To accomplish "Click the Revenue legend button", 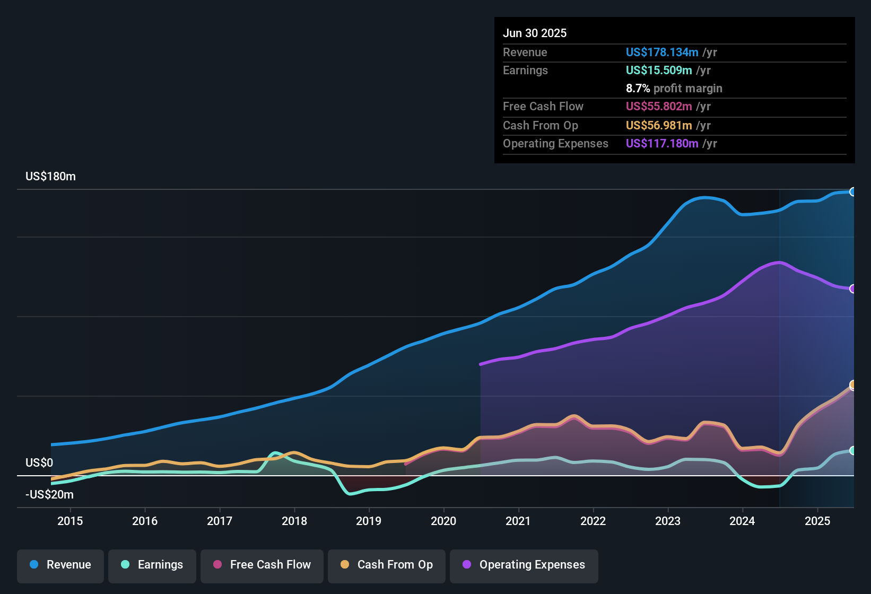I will [x=60, y=565].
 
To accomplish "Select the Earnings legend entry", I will [x=152, y=565].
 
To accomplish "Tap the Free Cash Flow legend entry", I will [x=262, y=565].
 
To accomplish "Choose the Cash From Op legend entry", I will [x=387, y=565].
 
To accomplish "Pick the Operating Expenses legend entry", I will [x=524, y=565].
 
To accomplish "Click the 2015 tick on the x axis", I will [x=70, y=521].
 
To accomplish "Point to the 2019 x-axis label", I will [x=369, y=521].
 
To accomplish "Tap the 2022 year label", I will [x=593, y=521].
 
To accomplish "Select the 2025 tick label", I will [x=817, y=521].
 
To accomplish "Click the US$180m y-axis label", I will [x=50, y=177].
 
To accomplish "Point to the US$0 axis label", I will [x=39, y=463].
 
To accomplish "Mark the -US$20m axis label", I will [x=49, y=495].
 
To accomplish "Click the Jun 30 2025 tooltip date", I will [x=535, y=33].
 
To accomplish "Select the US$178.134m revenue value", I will [x=662, y=53].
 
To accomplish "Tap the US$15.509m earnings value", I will [x=659, y=71].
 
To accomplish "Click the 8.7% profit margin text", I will [x=674, y=89].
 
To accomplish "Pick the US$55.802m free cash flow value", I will [x=659, y=107].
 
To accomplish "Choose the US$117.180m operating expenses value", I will [x=662, y=144].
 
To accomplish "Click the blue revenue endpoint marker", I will [x=853, y=192].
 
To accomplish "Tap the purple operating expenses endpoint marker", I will [x=853, y=289].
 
